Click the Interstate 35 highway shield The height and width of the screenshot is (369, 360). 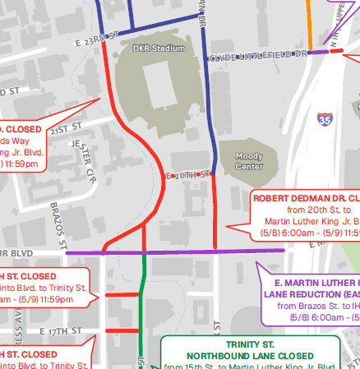(x=325, y=119)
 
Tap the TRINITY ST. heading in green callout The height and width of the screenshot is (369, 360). (x=250, y=345)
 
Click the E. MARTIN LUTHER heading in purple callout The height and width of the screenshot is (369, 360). (x=312, y=282)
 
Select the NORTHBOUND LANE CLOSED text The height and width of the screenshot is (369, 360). (x=250, y=356)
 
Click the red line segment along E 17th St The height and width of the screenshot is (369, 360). (x=124, y=330)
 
